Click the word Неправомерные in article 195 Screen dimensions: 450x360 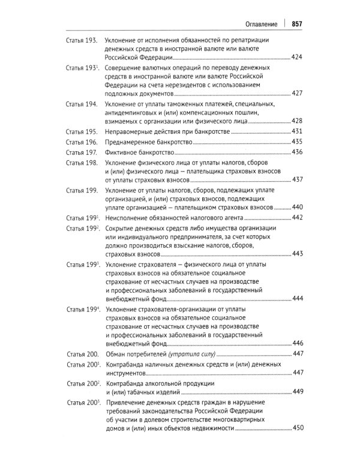click(x=131, y=131)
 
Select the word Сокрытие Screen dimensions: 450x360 click(x=121, y=229)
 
